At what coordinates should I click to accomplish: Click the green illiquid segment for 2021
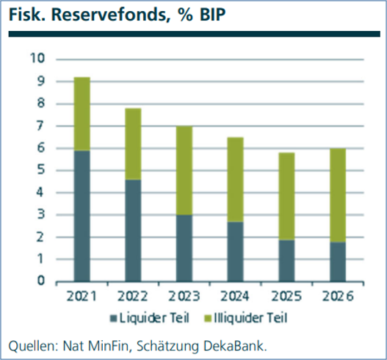click(82, 114)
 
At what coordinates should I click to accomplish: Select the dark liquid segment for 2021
click(82, 216)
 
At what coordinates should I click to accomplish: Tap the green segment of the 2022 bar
click(133, 144)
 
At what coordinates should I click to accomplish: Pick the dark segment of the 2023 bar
click(184, 248)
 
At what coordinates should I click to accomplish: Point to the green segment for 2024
click(236, 179)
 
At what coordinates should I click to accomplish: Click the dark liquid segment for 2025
click(286, 261)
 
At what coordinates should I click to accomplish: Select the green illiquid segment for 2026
click(338, 195)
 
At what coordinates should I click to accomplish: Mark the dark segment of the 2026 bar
click(338, 262)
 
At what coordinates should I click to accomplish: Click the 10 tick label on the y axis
click(37, 58)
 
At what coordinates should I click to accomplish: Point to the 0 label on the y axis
click(41, 281)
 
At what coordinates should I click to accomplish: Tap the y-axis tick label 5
click(41, 170)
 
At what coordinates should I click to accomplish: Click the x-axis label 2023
click(184, 296)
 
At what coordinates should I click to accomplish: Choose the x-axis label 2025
click(286, 296)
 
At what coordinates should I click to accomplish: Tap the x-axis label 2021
click(82, 296)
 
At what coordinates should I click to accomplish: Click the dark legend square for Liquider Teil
click(113, 319)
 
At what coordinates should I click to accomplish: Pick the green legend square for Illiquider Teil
click(208, 319)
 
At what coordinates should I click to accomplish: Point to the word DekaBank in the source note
click(235, 346)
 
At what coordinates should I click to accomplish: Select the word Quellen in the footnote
click(33, 346)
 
